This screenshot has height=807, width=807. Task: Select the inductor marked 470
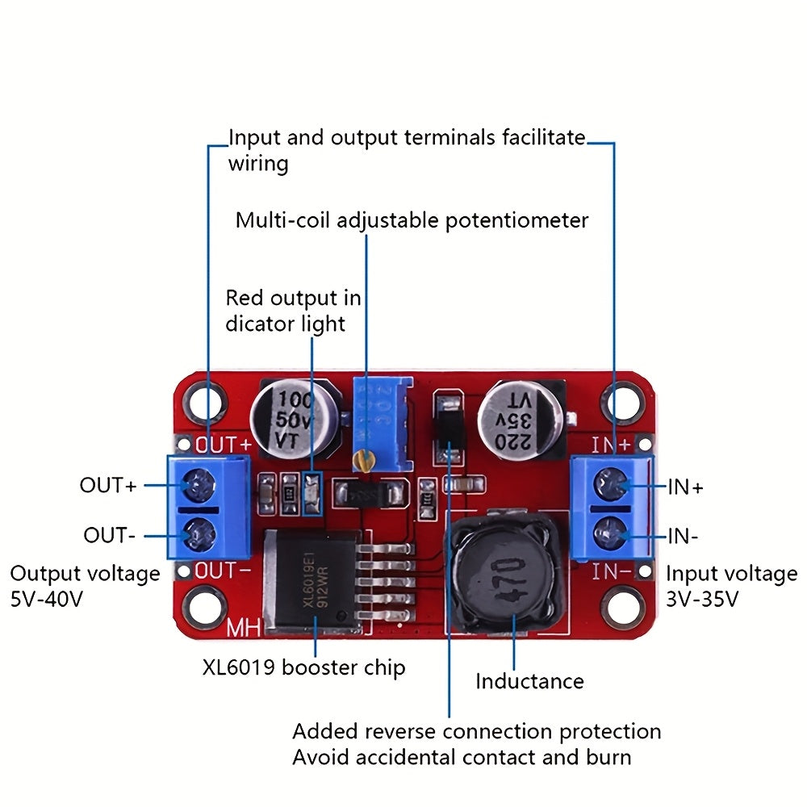click(x=502, y=574)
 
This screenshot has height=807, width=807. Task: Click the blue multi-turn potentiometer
click(x=381, y=424)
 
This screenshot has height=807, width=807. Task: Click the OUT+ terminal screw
click(x=197, y=486)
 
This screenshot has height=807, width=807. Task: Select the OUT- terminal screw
click(x=197, y=533)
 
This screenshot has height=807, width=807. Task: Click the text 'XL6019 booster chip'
click(x=303, y=667)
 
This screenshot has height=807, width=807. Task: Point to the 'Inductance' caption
click(x=529, y=681)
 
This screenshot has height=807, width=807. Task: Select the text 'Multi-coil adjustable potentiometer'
click(x=412, y=220)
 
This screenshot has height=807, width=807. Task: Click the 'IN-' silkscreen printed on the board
click(x=611, y=572)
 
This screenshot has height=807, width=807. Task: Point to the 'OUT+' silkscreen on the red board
click(x=224, y=445)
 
